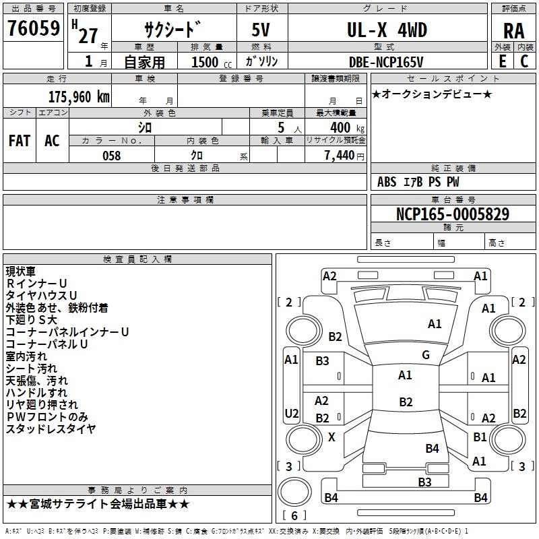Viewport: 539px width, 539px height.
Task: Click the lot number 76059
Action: [34, 28]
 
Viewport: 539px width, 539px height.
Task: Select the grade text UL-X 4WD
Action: [387, 30]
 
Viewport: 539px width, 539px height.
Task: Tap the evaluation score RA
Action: [513, 31]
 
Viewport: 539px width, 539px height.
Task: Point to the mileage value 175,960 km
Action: [79, 96]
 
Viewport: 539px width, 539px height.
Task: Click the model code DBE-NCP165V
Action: [386, 62]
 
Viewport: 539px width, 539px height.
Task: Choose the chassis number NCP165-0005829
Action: [453, 214]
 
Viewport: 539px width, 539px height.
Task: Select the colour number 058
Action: [112, 156]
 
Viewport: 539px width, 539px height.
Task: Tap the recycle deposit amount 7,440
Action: [340, 156]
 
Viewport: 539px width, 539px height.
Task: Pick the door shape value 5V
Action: [261, 30]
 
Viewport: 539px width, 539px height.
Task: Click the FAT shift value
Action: [20, 140]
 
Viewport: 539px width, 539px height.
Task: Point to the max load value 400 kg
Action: [347, 127]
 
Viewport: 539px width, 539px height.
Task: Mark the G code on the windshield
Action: [426, 354]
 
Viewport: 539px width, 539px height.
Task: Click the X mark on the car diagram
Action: [331, 437]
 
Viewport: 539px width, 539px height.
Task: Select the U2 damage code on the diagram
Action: [292, 413]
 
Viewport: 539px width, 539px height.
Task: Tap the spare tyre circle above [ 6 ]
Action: [294, 492]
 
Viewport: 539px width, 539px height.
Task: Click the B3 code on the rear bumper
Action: [424, 482]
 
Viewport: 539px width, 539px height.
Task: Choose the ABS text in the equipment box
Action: [387, 182]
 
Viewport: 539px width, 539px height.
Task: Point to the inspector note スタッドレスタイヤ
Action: [51, 429]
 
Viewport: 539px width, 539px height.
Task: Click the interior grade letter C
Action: [524, 61]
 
